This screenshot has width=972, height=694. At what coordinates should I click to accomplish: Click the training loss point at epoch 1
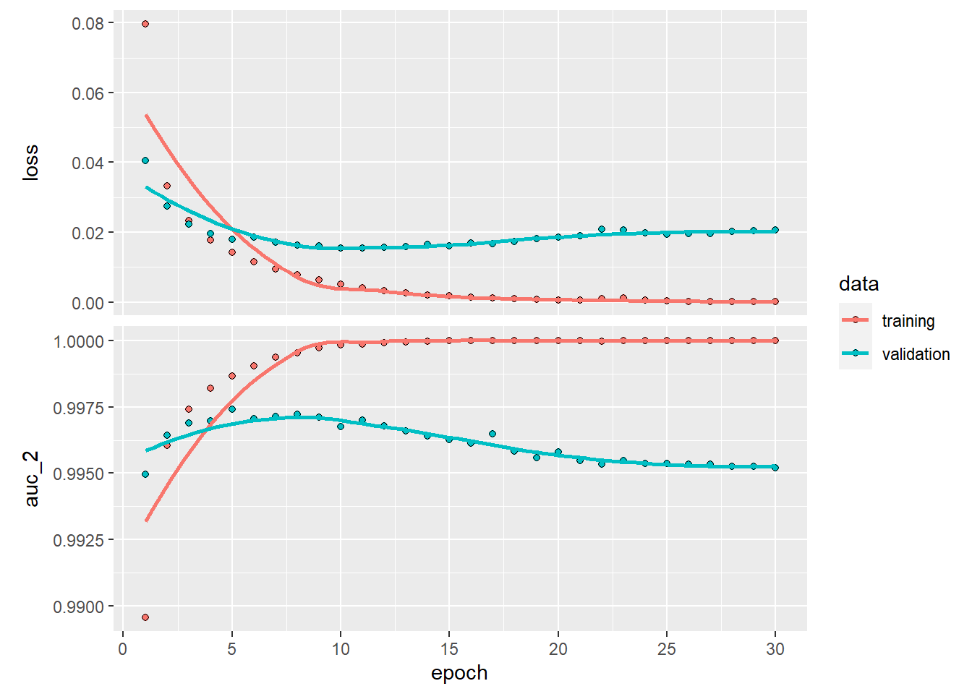point(145,24)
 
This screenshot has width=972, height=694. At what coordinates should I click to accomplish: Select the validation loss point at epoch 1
point(145,160)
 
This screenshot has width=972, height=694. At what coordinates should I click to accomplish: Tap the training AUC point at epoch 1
point(145,617)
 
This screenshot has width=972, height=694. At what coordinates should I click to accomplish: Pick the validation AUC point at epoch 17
point(493,434)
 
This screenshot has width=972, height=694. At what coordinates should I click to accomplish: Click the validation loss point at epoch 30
point(775,230)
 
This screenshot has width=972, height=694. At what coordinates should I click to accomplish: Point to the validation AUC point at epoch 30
point(775,468)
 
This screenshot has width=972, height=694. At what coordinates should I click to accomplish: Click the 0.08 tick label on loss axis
point(88,24)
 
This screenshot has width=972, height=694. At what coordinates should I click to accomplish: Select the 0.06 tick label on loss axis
point(88,93)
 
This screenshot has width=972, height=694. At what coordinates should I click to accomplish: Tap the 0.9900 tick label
point(78,607)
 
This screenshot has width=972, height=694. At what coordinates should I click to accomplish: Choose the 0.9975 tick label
point(78,408)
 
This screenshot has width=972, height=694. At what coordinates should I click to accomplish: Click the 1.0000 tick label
point(78,341)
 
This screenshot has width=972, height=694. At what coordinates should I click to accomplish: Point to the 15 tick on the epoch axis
point(449,649)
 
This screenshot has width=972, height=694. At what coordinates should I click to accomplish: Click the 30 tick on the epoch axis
point(775,649)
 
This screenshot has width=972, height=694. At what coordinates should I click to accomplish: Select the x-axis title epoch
point(459,673)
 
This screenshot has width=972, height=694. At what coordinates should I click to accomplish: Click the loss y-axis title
point(30,163)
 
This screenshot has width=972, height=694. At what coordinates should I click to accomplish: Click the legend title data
point(858,284)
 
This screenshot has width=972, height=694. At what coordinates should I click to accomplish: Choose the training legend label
point(908,321)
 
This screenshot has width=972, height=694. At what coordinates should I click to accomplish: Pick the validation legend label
point(916,354)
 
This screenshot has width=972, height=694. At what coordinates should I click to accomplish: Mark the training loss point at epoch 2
point(167,186)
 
